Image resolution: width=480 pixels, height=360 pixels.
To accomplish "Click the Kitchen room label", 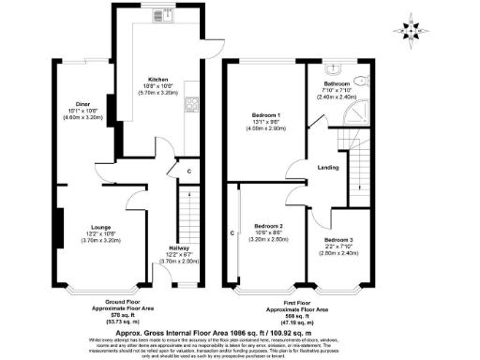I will [x=157, y=79].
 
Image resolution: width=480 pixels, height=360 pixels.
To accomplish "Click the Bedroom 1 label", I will [x=265, y=115].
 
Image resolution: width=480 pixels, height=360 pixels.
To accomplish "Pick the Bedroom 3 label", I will [x=338, y=240].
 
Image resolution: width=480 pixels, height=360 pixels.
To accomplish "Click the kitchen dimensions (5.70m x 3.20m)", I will [x=157, y=94].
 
